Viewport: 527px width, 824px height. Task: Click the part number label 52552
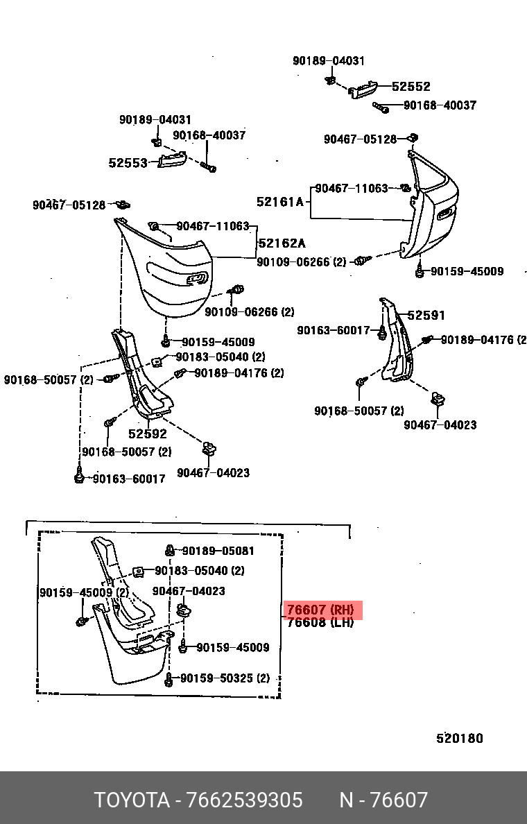point(411,87)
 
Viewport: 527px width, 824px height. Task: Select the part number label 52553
point(128,163)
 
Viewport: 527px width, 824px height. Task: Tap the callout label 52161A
point(280,202)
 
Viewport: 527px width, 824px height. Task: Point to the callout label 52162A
point(282,243)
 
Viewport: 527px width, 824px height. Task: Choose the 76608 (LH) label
point(320,623)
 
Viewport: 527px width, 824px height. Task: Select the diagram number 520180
point(459,738)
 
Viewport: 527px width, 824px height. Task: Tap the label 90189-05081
point(218,551)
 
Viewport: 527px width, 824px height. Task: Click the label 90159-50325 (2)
point(225,678)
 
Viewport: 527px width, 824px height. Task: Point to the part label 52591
point(426,315)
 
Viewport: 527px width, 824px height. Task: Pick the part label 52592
point(147,434)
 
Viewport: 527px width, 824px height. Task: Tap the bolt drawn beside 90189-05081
point(169,551)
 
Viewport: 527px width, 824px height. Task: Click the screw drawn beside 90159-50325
point(169,680)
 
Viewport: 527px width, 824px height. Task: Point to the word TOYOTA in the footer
point(132,800)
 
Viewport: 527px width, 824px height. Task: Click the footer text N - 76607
point(383,800)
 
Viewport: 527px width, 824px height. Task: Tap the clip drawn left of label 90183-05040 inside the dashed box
point(139,572)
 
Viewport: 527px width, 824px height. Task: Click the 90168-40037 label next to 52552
point(440,105)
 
